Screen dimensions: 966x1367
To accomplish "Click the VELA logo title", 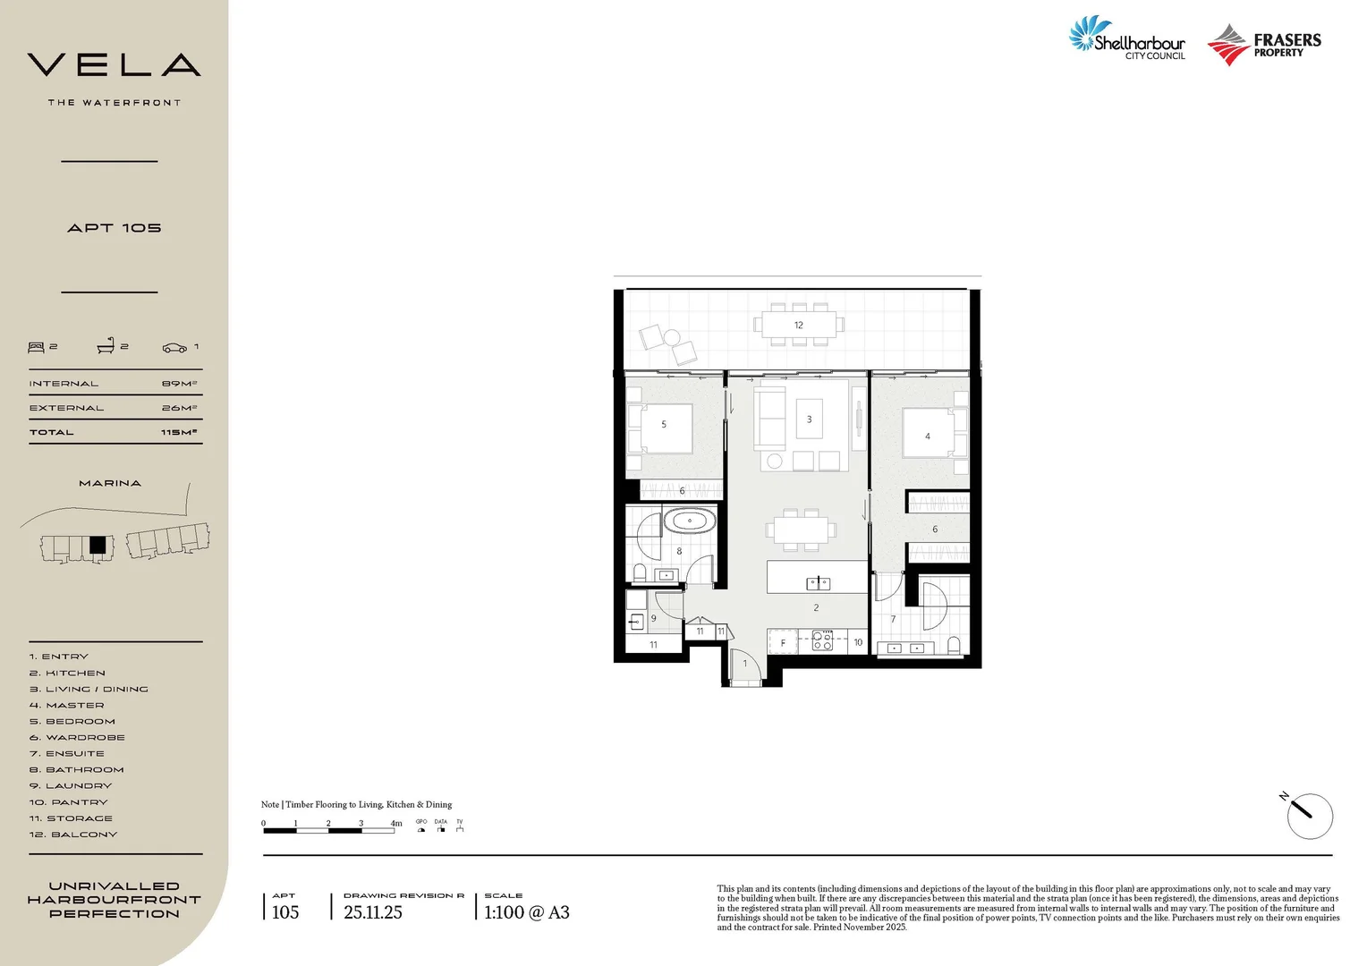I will [114, 65].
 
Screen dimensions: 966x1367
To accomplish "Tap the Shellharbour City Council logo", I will [1127, 39].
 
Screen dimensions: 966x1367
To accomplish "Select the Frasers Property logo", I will [1263, 45].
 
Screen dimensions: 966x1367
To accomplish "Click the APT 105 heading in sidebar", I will [114, 228].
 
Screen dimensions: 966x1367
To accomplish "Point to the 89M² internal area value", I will [179, 384].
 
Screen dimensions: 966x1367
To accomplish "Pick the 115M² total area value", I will [179, 432].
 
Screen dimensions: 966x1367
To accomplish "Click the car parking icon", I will [174, 347].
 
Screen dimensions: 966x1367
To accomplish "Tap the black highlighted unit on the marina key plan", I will [98, 545].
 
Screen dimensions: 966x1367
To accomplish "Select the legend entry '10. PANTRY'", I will [68, 802].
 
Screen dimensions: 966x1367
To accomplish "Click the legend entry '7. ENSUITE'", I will [66, 754].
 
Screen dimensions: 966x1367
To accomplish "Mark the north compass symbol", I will [1310, 816].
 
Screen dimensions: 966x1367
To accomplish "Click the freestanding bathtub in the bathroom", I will [689, 521].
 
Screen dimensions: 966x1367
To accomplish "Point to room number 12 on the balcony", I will [798, 326].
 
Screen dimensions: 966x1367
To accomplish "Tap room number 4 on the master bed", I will [927, 436].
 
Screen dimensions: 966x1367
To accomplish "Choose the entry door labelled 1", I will [745, 665].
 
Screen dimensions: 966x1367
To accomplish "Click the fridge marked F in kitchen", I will [783, 642].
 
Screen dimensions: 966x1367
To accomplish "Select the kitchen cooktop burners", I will [822, 640].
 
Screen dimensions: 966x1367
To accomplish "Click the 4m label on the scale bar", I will [395, 823].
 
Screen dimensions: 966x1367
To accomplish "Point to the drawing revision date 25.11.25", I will [373, 912].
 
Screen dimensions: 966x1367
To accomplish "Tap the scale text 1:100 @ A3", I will [526, 912].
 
